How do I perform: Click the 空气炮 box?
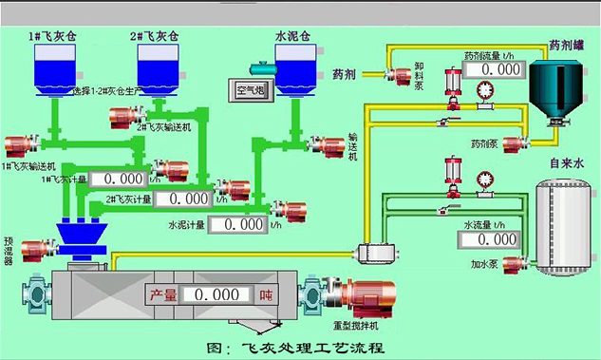tap(254, 91)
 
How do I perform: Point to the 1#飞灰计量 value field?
tap(122, 179)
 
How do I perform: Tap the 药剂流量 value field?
tap(500, 69)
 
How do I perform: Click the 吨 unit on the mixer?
tap(265, 295)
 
